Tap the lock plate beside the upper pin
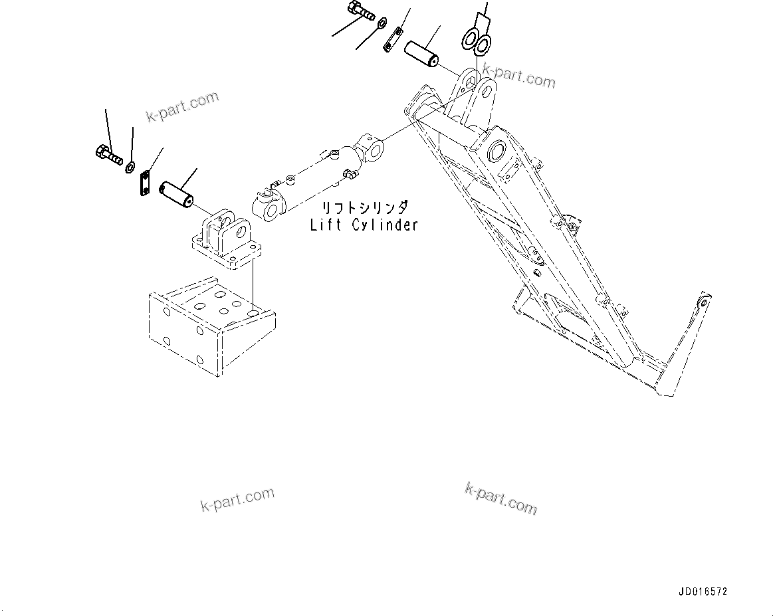pos(393,39)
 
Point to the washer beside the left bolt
pos(130,167)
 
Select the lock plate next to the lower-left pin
pos(145,183)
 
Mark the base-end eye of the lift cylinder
pos(269,208)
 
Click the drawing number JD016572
pos(703,591)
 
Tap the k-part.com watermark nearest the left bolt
pos(182,106)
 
